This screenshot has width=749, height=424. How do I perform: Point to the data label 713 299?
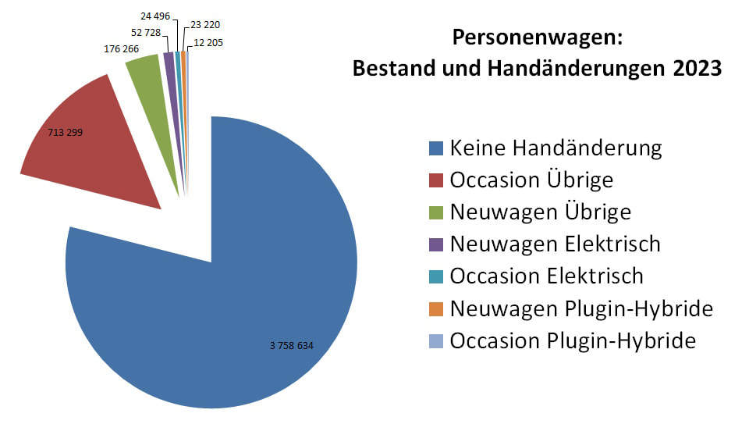point(66,133)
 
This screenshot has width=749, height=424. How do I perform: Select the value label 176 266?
point(121,48)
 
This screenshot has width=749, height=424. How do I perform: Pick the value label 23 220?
point(206,24)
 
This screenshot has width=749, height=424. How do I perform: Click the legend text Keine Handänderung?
point(556,148)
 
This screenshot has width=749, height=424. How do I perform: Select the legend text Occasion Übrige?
point(531,180)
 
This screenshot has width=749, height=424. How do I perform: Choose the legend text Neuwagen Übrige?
point(541,212)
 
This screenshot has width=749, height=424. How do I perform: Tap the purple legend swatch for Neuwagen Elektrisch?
point(436,244)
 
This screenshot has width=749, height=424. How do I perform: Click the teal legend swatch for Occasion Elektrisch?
point(436,276)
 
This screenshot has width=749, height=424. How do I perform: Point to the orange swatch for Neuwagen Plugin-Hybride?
point(436,308)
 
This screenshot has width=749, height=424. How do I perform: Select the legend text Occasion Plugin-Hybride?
point(573,341)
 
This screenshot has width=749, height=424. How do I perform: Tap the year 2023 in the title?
point(694,68)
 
